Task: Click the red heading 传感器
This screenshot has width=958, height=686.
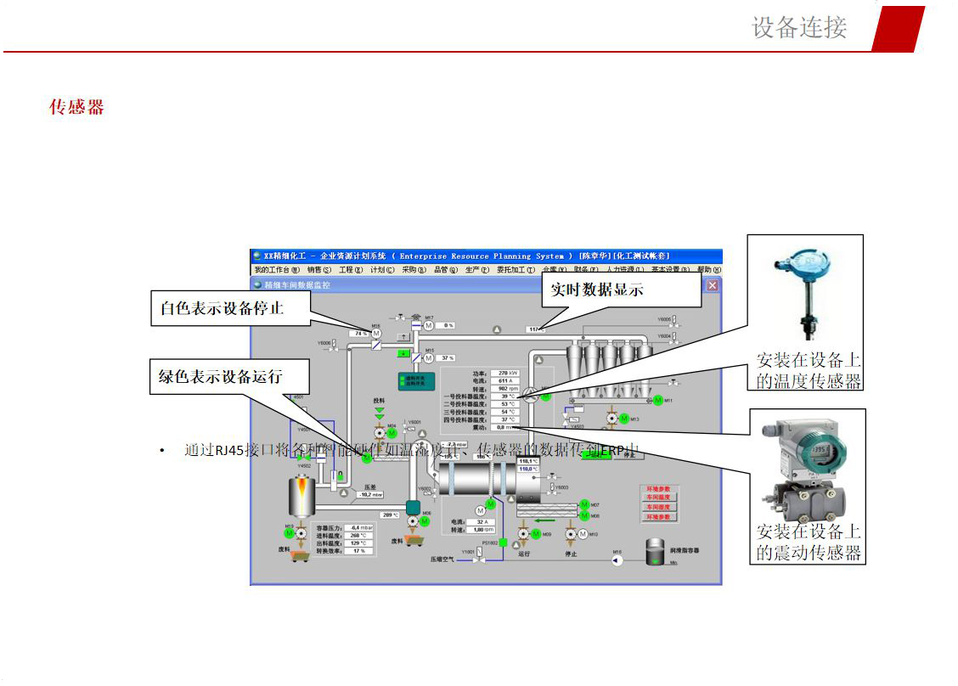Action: point(76,107)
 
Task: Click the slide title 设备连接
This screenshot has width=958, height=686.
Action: point(799,27)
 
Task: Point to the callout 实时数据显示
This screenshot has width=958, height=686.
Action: point(597,290)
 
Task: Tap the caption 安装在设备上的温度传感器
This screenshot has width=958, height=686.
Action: point(809,370)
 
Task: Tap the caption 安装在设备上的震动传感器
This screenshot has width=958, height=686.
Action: point(809,543)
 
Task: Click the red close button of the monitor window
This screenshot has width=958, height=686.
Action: point(712,285)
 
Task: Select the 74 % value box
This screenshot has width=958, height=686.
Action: point(361,334)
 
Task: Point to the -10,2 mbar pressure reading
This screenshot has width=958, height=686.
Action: point(370,494)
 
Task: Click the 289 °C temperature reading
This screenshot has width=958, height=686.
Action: point(390,515)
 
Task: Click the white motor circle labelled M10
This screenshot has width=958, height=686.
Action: point(571,534)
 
